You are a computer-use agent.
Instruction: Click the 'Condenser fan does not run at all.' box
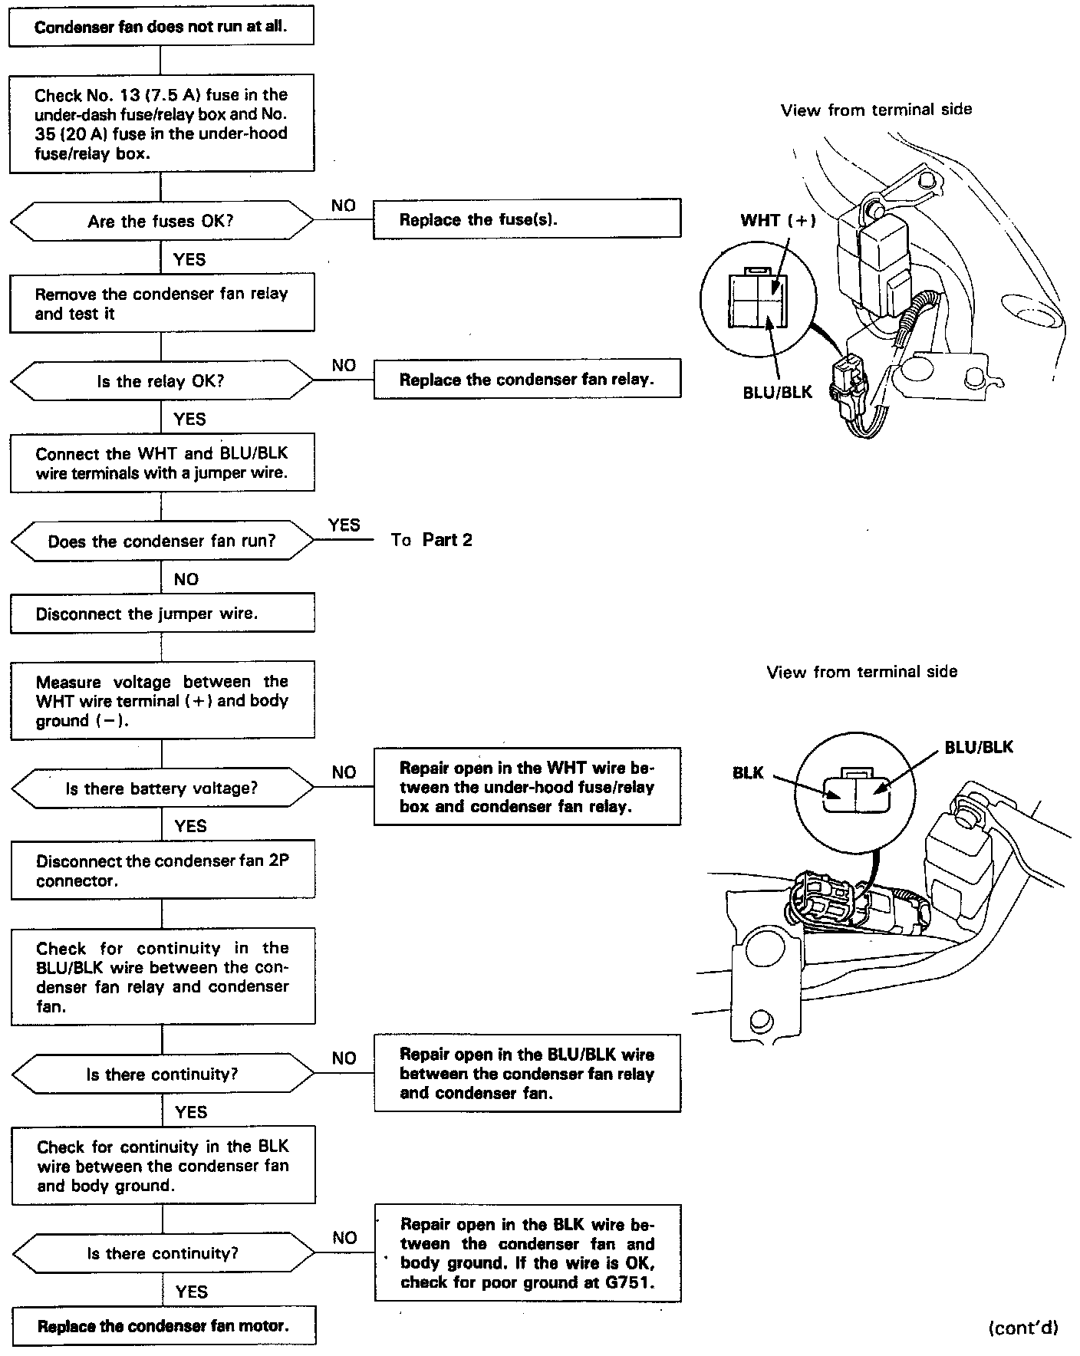161,27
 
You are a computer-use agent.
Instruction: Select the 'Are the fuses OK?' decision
161,222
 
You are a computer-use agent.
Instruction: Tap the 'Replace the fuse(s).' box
527,219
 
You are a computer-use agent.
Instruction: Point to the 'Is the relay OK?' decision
161,381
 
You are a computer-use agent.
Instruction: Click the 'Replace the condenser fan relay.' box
527,379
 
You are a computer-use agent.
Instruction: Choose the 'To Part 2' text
431,540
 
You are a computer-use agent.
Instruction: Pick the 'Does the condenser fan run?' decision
161,541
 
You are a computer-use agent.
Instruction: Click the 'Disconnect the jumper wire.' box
162,614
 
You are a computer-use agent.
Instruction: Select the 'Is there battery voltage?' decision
162,788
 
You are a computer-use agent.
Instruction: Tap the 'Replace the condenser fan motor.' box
163,1326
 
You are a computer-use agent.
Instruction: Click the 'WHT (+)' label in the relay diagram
778,221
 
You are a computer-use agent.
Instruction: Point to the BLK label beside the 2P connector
748,773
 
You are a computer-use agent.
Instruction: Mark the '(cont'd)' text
1023,1328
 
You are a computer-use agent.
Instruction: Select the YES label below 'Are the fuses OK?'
189,259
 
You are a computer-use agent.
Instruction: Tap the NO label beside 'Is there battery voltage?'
344,772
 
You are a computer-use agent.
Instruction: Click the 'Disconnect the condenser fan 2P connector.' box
163,871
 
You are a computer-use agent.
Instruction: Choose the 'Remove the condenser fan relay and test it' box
162,303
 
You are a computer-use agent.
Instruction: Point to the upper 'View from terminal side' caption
876,110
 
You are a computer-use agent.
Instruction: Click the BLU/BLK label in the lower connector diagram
979,747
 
